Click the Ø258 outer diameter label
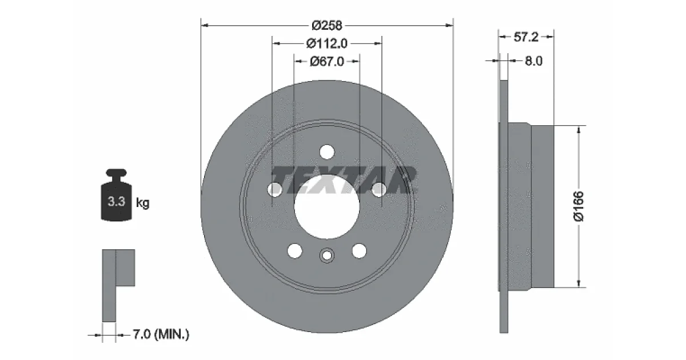click(327, 25)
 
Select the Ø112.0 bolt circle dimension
click(327, 43)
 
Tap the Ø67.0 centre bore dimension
click(327, 62)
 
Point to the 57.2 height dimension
click(526, 37)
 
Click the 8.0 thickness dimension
click(534, 61)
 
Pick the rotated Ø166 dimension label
click(579, 206)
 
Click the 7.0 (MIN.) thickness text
click(161, 334)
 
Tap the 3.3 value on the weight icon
click(117, 201)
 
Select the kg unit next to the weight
click(143, 203)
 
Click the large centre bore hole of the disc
click(327, 207)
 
